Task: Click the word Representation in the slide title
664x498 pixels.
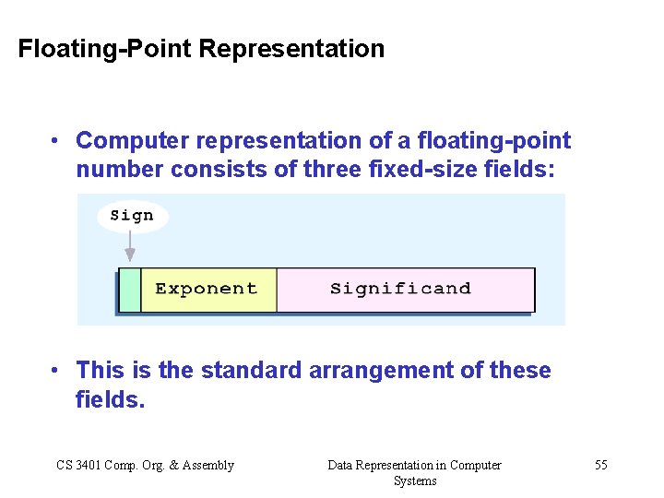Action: click(x=290, y=49)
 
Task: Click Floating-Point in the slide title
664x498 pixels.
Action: click(x=105, y=49)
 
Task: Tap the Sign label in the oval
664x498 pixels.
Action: click(x=132, y=216)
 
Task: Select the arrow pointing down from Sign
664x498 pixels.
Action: click(x=130, y=247)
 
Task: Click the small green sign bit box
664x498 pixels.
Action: click(x=130, y=290)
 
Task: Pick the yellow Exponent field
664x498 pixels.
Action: click(x=207, y=290)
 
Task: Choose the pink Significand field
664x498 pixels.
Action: click(x=404, y=290)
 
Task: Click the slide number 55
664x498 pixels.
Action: click(x=600, y=465)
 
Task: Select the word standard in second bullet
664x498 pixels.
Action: click(x=250, y=371)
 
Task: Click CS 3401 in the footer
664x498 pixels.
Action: click(x=78, y=465)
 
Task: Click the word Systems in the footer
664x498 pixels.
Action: click(x=415, y=480)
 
